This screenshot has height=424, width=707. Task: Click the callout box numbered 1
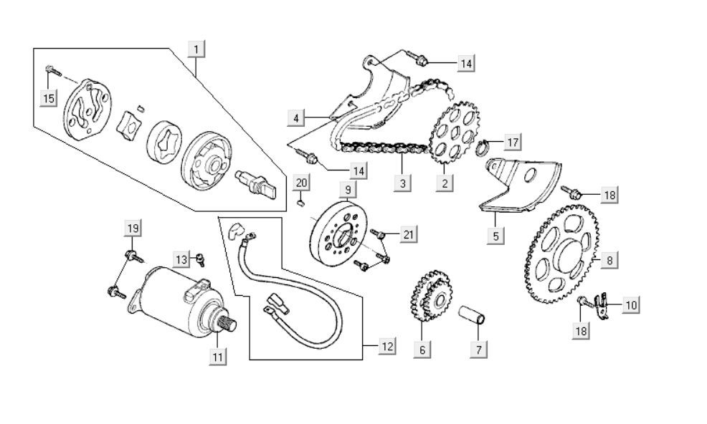[196, 49]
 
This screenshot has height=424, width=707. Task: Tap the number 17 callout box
[512, 142]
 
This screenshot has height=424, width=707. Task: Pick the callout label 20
[302, 183]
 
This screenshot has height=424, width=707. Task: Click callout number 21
[408, 234]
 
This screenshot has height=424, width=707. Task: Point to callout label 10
[630, 304]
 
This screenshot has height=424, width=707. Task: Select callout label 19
[132, 228]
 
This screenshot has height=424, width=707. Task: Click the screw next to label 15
[49, 69]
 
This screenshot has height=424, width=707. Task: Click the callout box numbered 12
[386, 347]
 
